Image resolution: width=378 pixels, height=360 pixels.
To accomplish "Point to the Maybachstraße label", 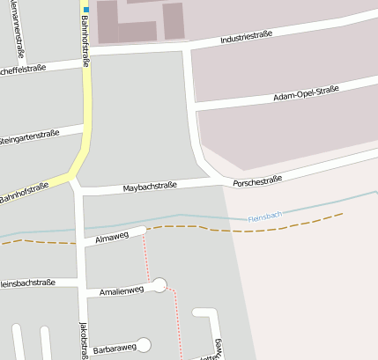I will pos(150,187).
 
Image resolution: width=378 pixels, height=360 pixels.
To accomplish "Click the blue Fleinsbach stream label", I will pos(264,216).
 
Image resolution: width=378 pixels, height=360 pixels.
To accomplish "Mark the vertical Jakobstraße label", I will pos(84,340).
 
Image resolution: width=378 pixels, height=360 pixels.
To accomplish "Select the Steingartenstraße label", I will pos(30,137).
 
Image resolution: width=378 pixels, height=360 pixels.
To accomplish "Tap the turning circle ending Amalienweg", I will pos(159,285).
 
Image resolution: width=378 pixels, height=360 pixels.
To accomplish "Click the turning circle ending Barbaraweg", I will pos(144,344).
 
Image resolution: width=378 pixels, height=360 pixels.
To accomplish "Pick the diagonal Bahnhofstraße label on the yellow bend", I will pos(25,194).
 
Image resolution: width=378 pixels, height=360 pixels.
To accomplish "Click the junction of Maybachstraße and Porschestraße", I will pos(221,181).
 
